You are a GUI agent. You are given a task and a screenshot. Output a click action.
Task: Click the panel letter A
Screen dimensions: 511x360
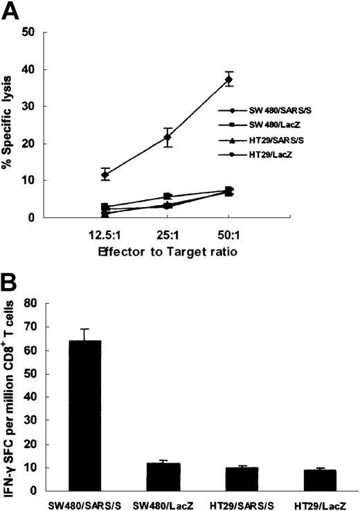(x=12, y=12)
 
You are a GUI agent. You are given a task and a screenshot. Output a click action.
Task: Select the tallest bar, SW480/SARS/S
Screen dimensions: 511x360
(x=85, y=415)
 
